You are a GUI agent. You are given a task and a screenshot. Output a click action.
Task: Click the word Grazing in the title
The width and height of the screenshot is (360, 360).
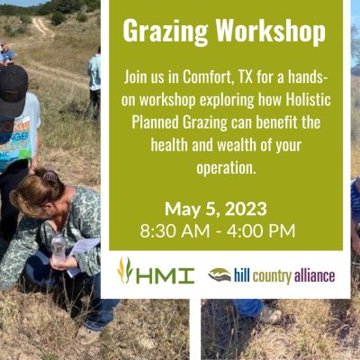pyautogui.click(x=166, y=31)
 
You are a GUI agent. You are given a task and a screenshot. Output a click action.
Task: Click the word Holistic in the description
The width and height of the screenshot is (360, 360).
pyautogui.click(x=308, y=100)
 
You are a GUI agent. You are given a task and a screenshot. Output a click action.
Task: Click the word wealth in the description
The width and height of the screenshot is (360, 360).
pyautogui.click(x=237, y=145)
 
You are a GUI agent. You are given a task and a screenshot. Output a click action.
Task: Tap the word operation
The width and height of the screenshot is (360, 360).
pyautogui.click(x=226, y=168)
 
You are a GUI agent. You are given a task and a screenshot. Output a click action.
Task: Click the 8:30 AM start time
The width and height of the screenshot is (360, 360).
pyautogui.click(x=175, y=231)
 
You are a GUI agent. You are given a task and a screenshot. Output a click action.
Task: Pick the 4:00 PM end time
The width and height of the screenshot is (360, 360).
pyautogui.click(x=261, y=231)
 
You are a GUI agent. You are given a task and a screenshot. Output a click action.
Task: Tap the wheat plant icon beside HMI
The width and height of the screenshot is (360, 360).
pyautogui.click(x=125, y=271)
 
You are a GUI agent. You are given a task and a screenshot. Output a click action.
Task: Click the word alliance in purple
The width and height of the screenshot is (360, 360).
pyautogui.click(x=314, y=275)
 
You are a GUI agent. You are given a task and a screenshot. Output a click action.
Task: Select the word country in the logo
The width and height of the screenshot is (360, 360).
pyautogui.click(x=272, y=276)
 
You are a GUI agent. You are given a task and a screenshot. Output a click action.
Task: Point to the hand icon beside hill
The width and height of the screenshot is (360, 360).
pyautogui.click(x=220, y=274)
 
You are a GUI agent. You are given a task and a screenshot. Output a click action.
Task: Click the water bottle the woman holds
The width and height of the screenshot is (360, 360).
pyautogui.click(x=58, y=247)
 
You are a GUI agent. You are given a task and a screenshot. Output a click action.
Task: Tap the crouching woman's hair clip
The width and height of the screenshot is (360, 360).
pyautogui.click(x=50, y=175)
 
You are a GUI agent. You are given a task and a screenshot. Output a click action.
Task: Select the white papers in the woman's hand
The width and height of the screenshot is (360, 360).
pyautogui.click(x=82, y=255)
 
